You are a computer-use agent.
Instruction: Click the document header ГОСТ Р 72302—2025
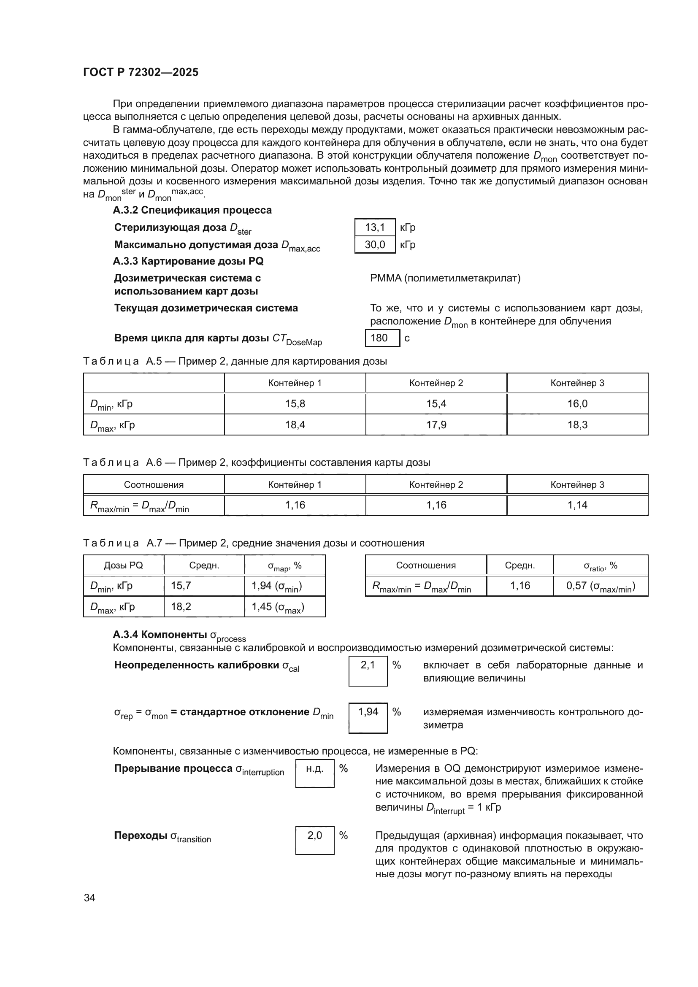141,72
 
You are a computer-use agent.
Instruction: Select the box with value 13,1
374,227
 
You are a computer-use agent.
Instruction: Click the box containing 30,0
374,245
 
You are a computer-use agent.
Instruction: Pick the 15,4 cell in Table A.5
436,404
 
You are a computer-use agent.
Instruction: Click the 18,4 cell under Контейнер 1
295,425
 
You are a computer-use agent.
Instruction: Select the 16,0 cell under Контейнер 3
577,404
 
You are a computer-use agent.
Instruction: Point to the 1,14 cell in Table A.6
577,505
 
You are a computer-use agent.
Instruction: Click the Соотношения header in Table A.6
154,484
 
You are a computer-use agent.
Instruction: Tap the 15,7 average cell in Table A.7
204,586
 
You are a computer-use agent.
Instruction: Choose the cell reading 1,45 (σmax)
284,606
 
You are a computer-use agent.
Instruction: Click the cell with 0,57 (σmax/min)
600,586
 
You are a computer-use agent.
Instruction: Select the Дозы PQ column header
123,565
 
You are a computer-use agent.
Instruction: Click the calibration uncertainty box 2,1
368,671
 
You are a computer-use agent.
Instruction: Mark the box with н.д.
315,774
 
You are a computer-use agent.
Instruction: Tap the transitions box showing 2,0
315,841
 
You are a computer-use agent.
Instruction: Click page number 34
89,898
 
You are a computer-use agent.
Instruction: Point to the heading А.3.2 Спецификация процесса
192,210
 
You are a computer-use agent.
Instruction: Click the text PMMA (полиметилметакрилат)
445,278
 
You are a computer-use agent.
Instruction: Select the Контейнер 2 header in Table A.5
436,383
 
